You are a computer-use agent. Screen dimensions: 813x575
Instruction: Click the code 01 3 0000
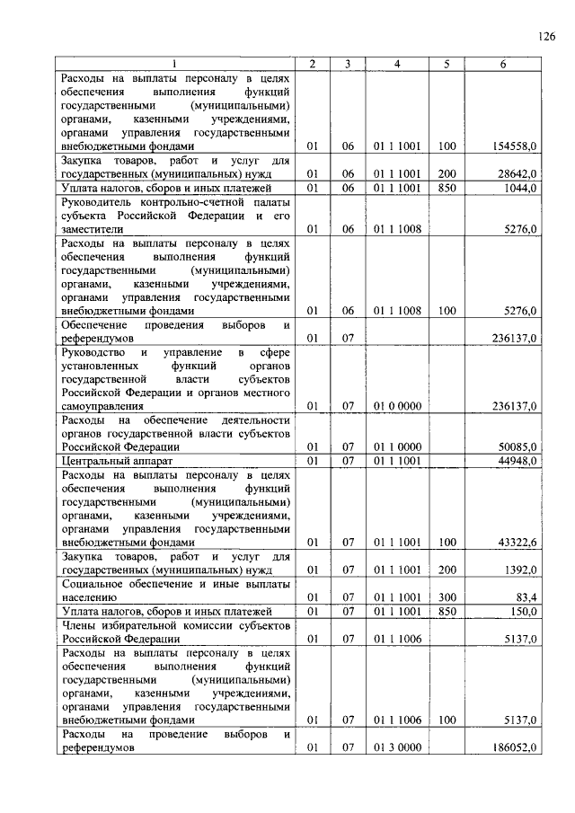tap(397, 747)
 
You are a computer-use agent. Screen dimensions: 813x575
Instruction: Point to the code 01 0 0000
tap(397, 406)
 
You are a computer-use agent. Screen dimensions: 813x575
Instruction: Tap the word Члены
tap(78, 624)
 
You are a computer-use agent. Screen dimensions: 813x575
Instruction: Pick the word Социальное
tap(94, 584)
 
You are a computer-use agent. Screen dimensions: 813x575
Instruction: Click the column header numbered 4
tap(397, 64)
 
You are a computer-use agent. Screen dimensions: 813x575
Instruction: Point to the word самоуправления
tap(102, 406)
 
